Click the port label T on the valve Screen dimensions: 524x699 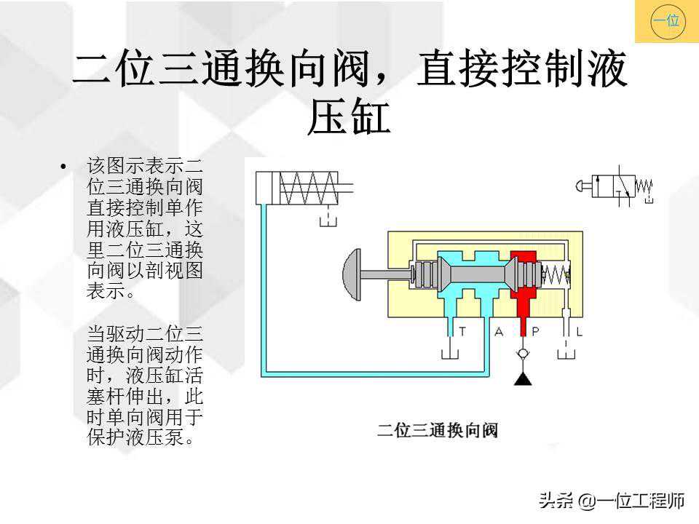pos(462,332)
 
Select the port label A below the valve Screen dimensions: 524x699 pos(499,332)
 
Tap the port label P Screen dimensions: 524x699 pos(535,332)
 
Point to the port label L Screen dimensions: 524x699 pos(580,332)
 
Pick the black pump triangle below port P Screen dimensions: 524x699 pos(522,378)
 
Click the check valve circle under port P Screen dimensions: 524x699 pos(522,354)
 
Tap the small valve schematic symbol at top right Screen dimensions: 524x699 pos(613,186)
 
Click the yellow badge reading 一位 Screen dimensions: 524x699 pos(666,21)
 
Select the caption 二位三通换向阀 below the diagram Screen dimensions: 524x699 pos(437,430)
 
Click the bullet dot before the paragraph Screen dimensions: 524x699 pos(66,167)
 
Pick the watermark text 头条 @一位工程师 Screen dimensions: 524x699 pos(612,501)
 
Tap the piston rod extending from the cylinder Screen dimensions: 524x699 pos(345,188)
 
